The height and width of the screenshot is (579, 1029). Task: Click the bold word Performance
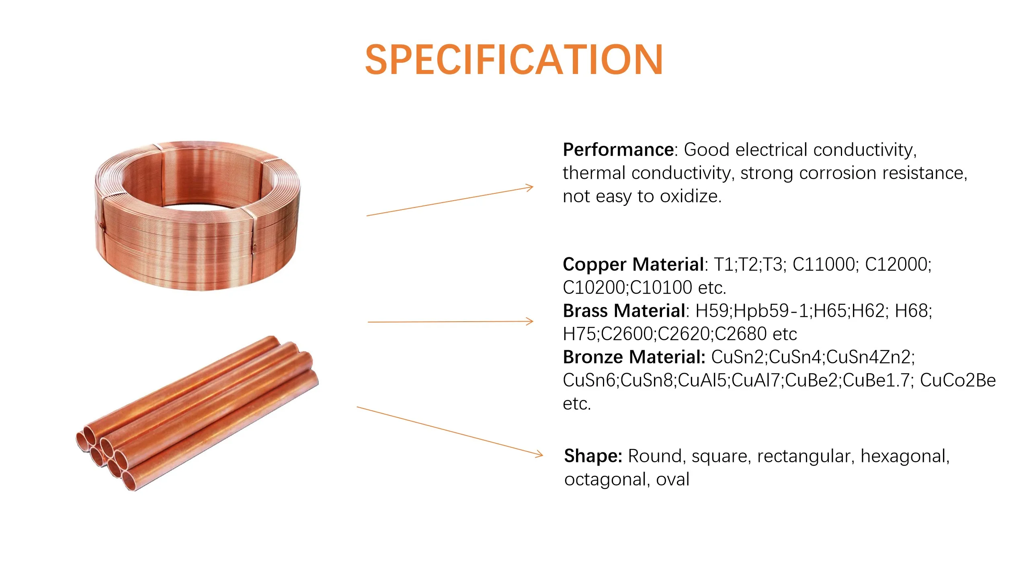tap(618, 150)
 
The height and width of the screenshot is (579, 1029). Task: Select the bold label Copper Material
tap(633, 264)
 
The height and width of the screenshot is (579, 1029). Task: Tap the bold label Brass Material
tap(624, 311)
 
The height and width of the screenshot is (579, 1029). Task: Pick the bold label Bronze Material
tap(634, 357)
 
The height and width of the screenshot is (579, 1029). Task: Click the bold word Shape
tap(593, 456)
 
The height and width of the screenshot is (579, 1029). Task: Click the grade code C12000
tap(897, 265)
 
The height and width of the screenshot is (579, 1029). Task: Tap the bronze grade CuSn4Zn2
tap(870, 357)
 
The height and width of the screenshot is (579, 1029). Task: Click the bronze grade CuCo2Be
tap(957, 380)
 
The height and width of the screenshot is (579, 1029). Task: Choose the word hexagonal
tap(904, 456)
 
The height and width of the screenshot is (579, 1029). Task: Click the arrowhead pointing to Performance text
tap(531, 187)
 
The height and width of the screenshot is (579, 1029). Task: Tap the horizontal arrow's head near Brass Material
tap(531, 321)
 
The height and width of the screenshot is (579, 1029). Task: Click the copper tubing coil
tap(197, 215)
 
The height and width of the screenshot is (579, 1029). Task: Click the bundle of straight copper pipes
tap(197, 412)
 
